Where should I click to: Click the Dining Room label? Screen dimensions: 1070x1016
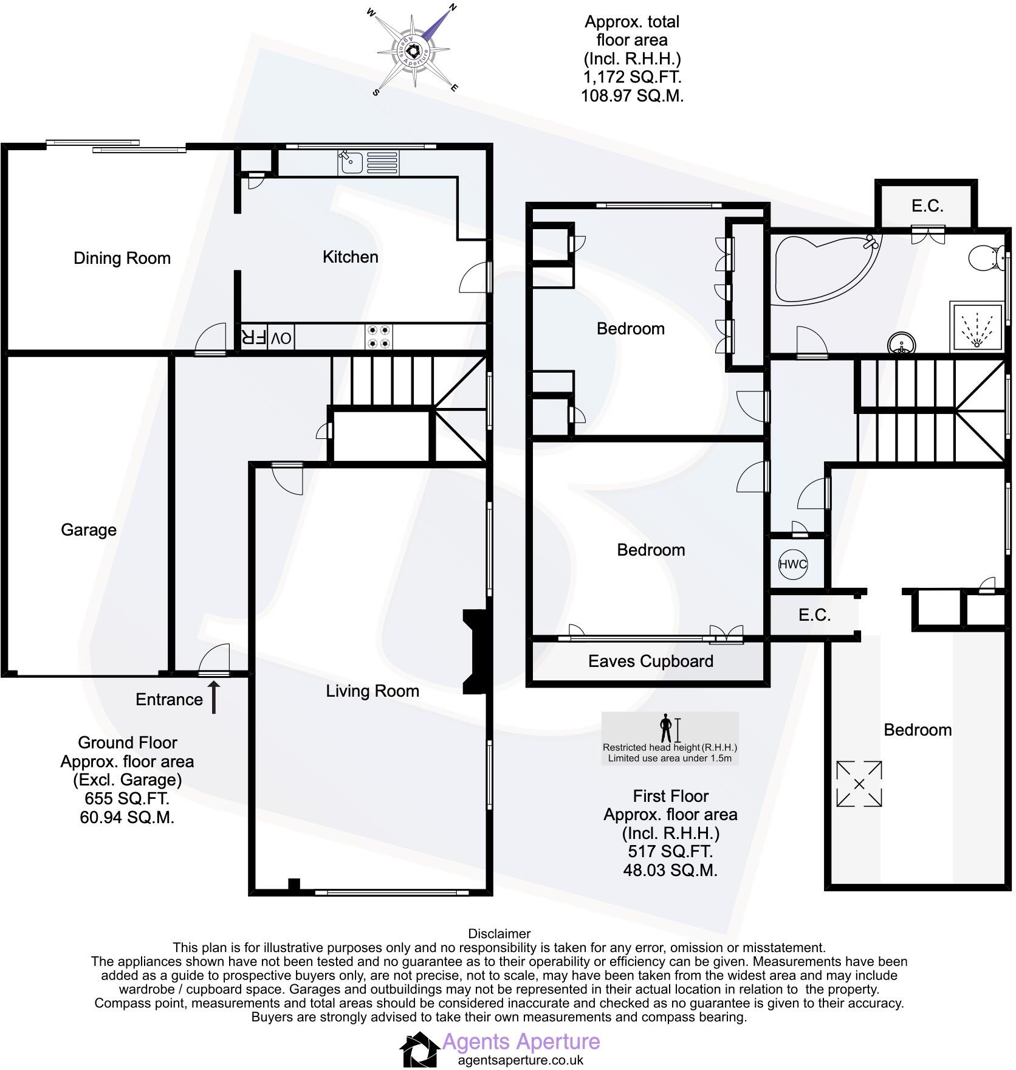[122, 258]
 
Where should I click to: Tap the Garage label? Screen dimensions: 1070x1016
[89, 530]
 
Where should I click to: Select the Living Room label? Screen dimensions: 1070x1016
[372, 691]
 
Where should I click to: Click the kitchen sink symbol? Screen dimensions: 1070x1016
[351, 162]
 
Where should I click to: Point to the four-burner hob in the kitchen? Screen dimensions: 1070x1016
[379, 337]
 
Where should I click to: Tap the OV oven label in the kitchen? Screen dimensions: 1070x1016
[281, 338]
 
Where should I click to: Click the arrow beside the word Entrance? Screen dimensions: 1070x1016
[214, 697]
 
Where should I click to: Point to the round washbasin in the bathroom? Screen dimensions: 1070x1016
[901, 345]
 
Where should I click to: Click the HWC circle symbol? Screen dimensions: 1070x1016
[792, 564]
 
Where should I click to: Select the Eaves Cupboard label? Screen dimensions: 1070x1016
[650, 661]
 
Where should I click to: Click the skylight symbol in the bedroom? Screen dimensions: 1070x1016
[859, 784]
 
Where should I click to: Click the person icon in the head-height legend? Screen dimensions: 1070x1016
[667, 728]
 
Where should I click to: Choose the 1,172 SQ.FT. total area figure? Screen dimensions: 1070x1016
[632, 77]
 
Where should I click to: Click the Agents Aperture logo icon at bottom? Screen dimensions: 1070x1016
[419, 1049]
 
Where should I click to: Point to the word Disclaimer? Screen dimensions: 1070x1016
[499, 934]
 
